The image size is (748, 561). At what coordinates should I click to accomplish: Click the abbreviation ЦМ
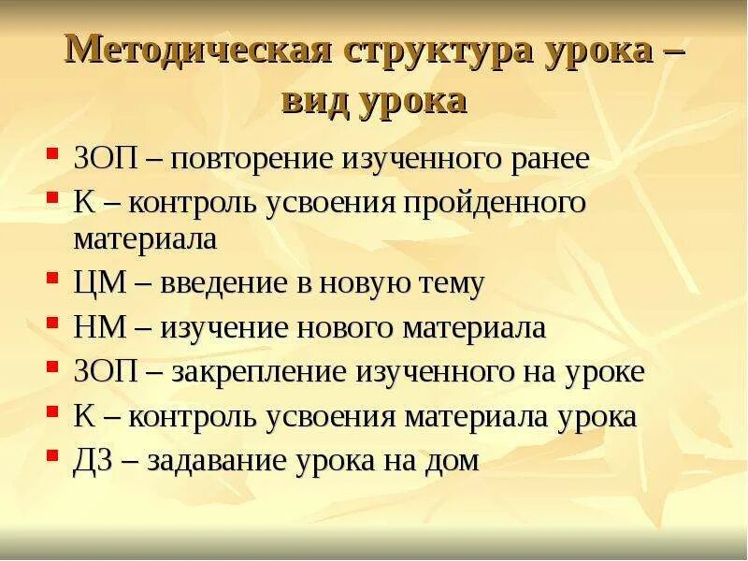tap(97, 284)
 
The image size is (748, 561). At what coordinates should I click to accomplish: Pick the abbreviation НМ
tap(97, 328)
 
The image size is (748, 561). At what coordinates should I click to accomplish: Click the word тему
tap(449, 284)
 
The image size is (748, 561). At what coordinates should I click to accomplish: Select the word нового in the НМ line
tap(352, 328)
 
